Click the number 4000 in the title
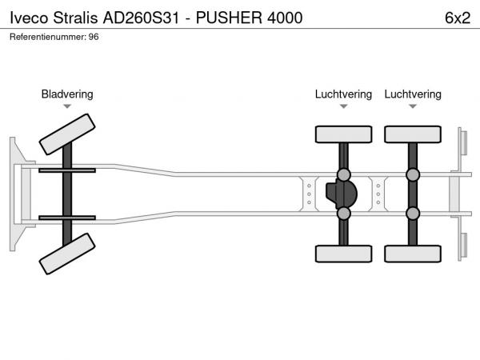[285, 18]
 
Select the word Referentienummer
[46, 37]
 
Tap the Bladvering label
[67, 94]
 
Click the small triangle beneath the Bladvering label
[67, 106]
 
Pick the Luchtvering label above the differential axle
[343, 94]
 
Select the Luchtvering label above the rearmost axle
[413, 94]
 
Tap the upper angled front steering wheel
[68, 134]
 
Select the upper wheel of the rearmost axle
[413, 134]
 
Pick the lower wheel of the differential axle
[343, 254]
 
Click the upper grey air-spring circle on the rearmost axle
[413, 174]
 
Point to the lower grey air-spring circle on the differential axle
[343, 213]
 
